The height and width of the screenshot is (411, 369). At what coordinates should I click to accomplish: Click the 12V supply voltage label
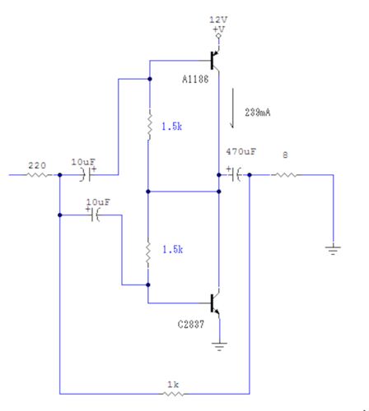tap(218, 20)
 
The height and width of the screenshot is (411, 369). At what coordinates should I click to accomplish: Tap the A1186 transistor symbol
tap(215, 60)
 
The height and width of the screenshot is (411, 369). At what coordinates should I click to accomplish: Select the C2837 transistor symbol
tap(215, 303)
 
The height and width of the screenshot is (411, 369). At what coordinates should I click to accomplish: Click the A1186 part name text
tap(195, 80)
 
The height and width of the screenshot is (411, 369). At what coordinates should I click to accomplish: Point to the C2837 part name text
tap(191, 325)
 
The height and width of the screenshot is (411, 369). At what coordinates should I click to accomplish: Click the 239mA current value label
tap(258, 113)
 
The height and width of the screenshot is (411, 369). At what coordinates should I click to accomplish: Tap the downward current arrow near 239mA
tap(232, 109)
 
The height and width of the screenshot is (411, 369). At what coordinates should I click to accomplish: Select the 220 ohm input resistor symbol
tap(39, 174)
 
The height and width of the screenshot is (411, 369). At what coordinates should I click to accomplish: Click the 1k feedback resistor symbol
tap(173, 394)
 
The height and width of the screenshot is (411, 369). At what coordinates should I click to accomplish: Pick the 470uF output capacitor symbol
tap(235, 173)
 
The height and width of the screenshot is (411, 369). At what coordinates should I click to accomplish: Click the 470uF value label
tap(241, 151)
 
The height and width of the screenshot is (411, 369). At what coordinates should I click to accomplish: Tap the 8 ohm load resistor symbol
tap(285, 174)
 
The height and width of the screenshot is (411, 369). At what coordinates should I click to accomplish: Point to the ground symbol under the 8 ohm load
tap(333, 250)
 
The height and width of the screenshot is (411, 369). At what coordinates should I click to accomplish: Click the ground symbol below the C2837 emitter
tap(219, 346)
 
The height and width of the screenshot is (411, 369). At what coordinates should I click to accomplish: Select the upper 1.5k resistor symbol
tap(149, 125)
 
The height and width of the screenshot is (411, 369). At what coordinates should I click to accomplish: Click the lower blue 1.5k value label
tap(173, 250)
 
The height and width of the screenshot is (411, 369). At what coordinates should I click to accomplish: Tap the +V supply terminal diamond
tap(219, 36)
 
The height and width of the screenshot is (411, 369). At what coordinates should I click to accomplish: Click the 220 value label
tap(37, 165)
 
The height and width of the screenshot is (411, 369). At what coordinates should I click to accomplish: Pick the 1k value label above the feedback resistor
tap(173, 385)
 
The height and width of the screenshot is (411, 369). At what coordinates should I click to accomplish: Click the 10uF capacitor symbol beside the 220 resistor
tap(87, 173)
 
